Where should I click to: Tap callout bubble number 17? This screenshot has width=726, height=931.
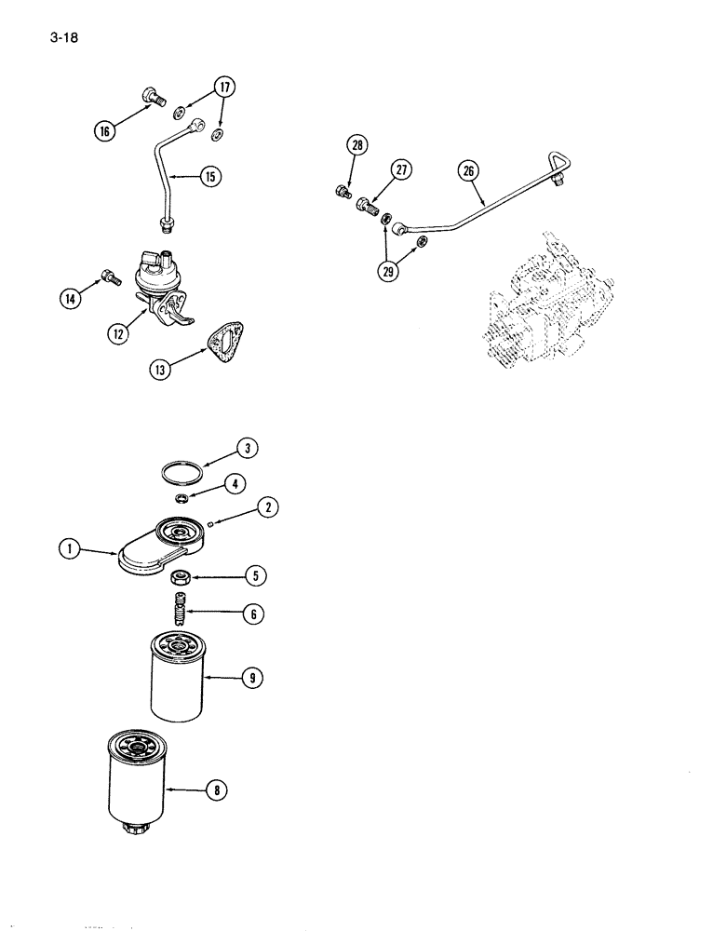pyautogui.click(x=223, y=89)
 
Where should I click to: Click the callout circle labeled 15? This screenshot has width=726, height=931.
pyautogui.click(x=213, y=175)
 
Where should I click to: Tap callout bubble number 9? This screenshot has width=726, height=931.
pyautogui.click(x=249, y=679)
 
